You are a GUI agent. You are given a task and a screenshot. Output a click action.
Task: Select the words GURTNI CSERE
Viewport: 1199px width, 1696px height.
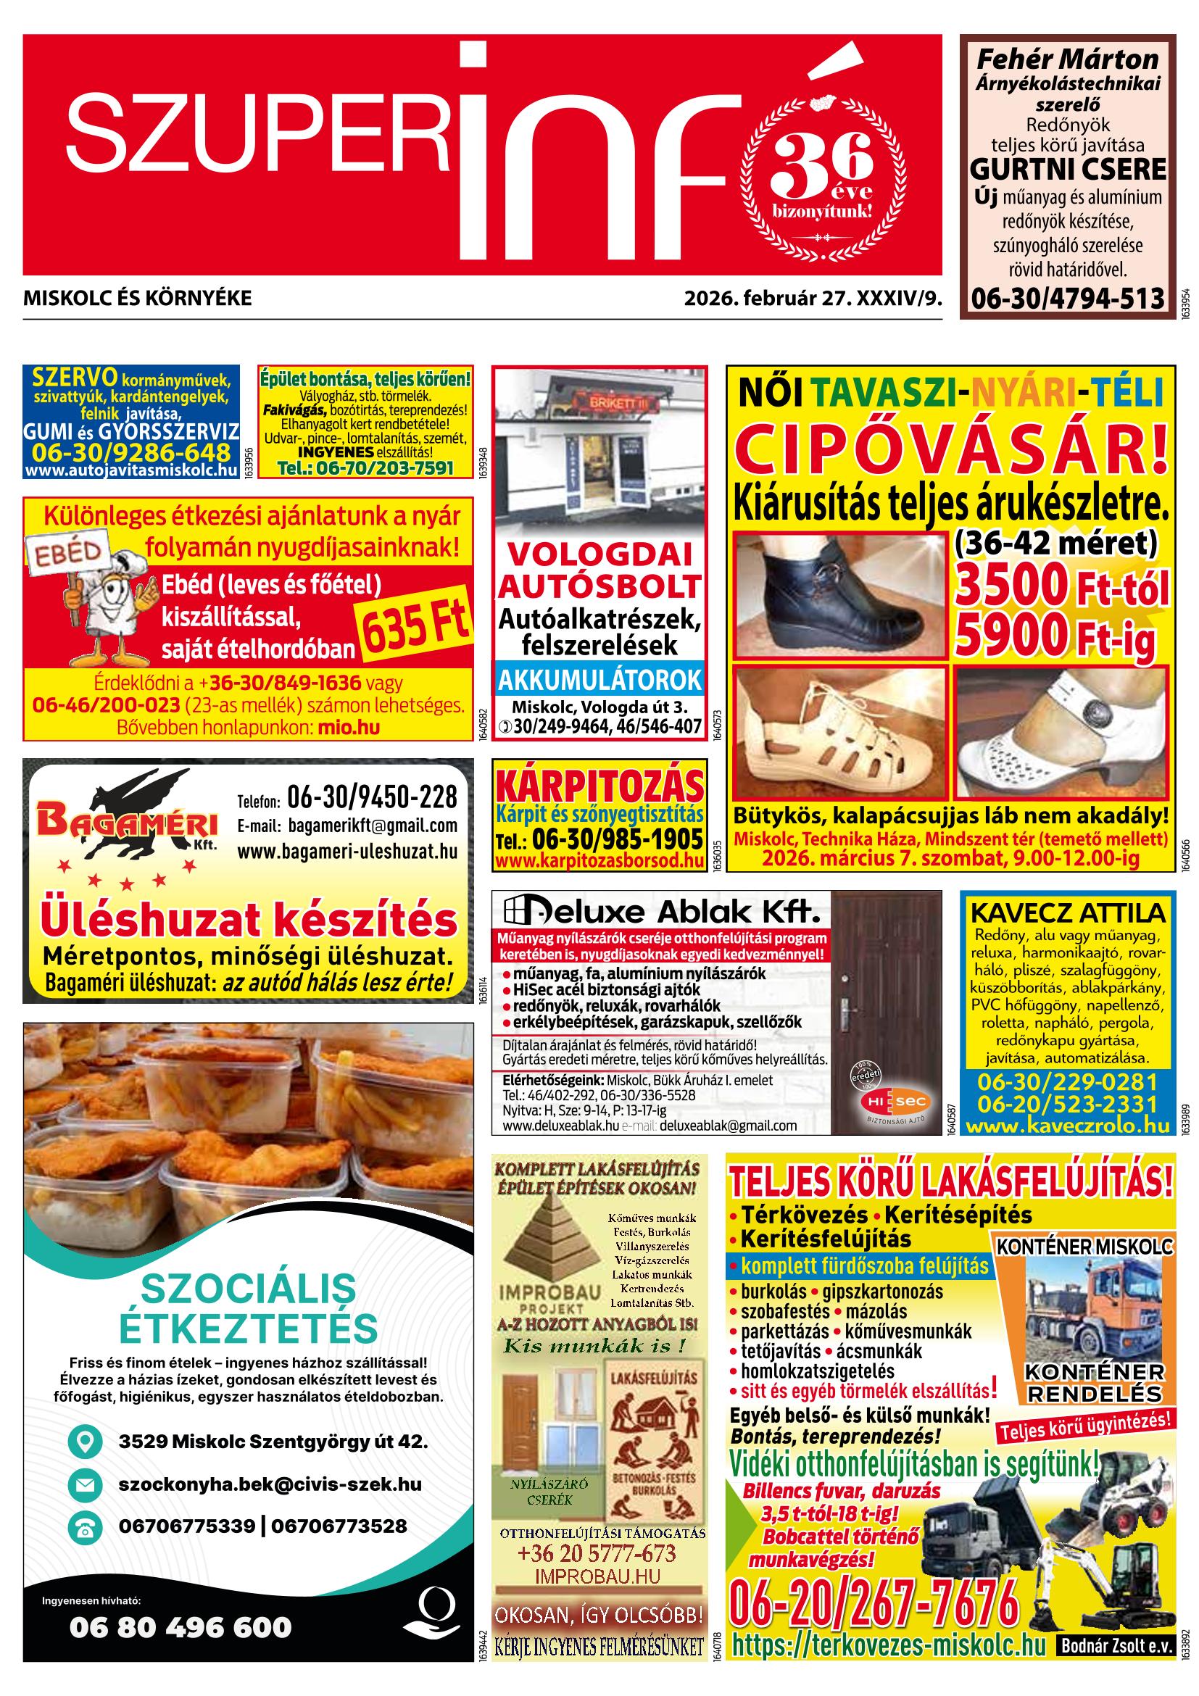tap(1068, 169)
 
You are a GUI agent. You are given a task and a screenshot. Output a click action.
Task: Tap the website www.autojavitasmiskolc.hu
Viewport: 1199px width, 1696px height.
tap(130, 470)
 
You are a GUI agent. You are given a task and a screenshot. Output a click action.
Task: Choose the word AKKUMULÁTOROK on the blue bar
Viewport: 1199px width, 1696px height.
tap(599, 680)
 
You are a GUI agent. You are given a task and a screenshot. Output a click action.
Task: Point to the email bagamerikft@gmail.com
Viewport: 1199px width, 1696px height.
tap(347, 825)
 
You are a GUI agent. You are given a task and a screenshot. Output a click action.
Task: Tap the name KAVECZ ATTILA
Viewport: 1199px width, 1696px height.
tap(1068, 913)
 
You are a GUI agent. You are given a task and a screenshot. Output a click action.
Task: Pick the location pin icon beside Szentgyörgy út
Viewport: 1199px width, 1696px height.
tap(83, 1441)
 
